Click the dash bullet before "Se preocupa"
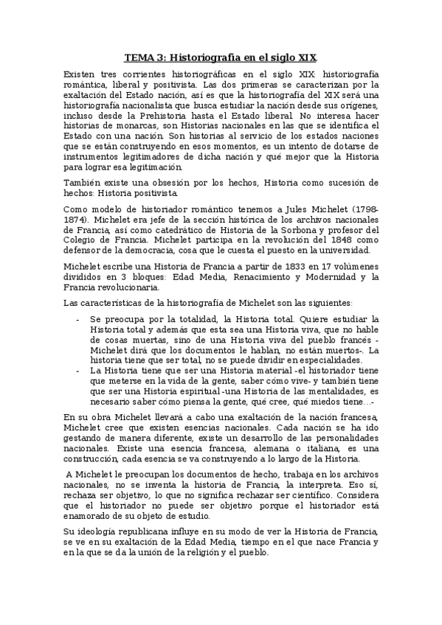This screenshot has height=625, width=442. click(x=79, y=318)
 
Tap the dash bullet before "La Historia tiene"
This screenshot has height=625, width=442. click(x=79, y=370)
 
